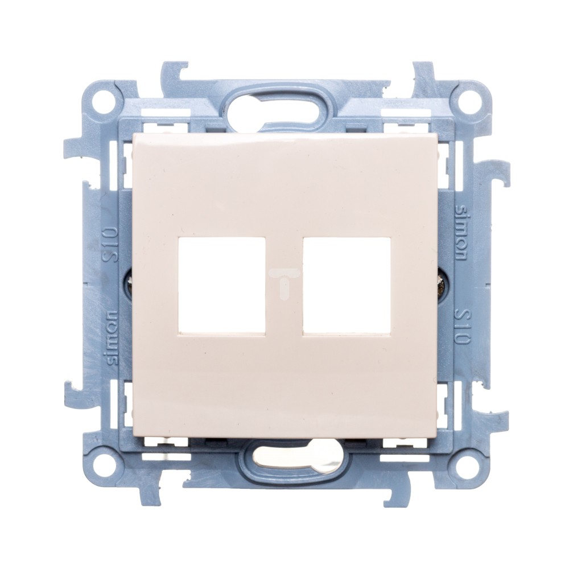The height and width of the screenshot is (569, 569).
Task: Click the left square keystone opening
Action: pos(222,286)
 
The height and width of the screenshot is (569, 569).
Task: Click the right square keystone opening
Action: pos(347,286)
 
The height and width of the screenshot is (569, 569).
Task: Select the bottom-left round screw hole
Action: pos(107,462)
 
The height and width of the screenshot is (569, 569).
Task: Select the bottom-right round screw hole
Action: pos(462,462)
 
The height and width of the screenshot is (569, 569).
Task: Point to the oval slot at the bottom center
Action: pos(284,458)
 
